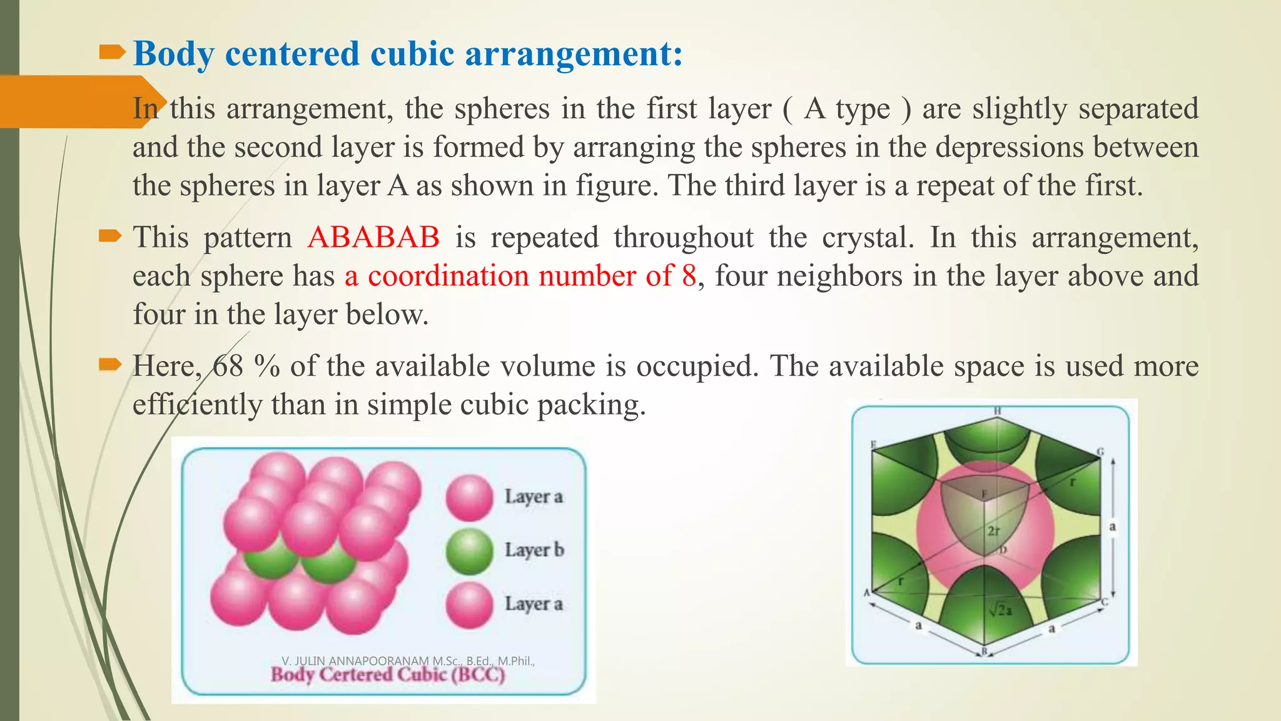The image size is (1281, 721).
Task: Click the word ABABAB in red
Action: point(373,238)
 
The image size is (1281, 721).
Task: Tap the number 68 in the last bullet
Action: point(228,367)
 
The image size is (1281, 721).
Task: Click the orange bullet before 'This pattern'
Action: point(109,237)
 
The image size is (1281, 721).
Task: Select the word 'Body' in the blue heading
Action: point(173,54)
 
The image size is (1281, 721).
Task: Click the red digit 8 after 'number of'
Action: point(689,277)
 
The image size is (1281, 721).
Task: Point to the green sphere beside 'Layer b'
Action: point(469,551)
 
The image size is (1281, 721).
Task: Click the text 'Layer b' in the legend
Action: point(534,550)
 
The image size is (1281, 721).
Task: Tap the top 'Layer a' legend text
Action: point(534,496)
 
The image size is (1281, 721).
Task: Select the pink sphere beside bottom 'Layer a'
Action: point(469,605)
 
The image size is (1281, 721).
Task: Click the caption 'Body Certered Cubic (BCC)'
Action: point(387,675)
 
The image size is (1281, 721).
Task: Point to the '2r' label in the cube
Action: point(993,531)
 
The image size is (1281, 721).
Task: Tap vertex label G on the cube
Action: point(1100,452)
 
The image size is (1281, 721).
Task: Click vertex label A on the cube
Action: point(867,593)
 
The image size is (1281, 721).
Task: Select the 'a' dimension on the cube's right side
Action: point(1113,527)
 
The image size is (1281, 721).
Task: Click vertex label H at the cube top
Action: point(998,411)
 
